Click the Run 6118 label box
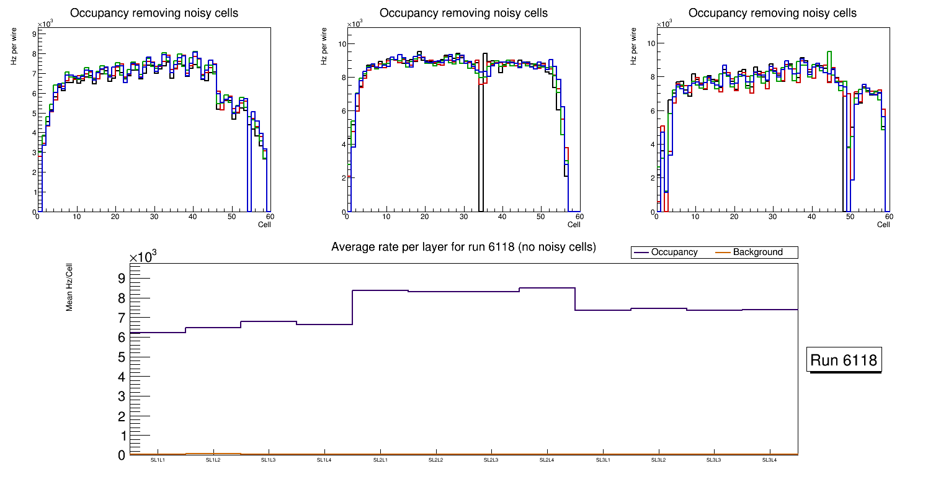click(844, 360)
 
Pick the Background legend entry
click(757, 253)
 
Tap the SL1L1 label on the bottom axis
click(158, 460)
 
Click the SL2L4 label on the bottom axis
click(547, 460)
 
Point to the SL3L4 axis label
click(769, 460)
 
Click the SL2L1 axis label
click(380, 460)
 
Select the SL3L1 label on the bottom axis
click(602, 460)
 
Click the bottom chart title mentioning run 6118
click(463, 247)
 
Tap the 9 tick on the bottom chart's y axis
click(122, 278)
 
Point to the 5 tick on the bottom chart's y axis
click(122, 357)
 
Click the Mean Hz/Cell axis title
click(70, 286)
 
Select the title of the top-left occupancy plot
click(154, 13)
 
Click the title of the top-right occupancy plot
click(772, 13)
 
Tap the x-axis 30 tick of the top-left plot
click(154, 217)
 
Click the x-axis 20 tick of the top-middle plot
click(425, 217)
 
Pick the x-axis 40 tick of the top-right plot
click(811, 217)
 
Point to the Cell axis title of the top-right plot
click(883, 225)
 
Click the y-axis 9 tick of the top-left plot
click(33, 34)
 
